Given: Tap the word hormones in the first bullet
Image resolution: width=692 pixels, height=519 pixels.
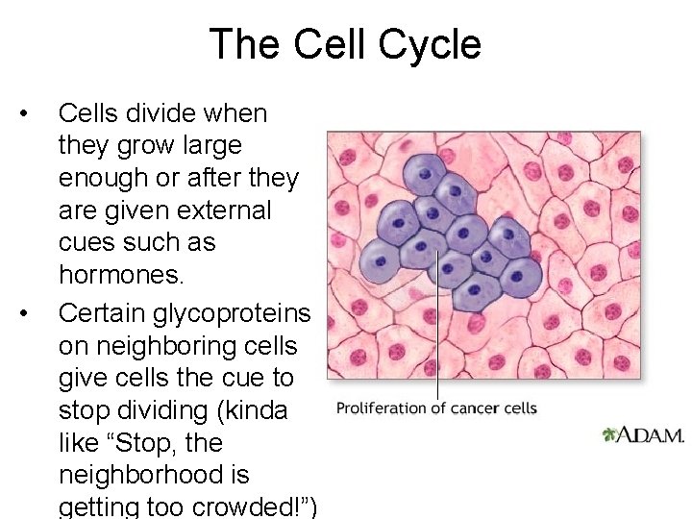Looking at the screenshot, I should [x=119, y=275].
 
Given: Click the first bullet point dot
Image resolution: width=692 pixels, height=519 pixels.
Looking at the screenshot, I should [x=36, y=113].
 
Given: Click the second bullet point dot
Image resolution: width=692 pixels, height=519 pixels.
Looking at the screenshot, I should [x=36, y=312].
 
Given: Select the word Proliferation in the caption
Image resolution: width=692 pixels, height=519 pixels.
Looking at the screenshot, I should [x=381, y=408].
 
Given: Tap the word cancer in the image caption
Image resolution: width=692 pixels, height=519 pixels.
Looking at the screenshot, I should [x=473, y=408].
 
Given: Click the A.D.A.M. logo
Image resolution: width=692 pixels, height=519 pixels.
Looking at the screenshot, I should [x=652, y=434].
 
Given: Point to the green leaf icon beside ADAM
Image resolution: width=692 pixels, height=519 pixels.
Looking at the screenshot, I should [x=609, y=434].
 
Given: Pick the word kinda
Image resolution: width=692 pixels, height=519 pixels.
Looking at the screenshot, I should [x=258, y=410].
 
